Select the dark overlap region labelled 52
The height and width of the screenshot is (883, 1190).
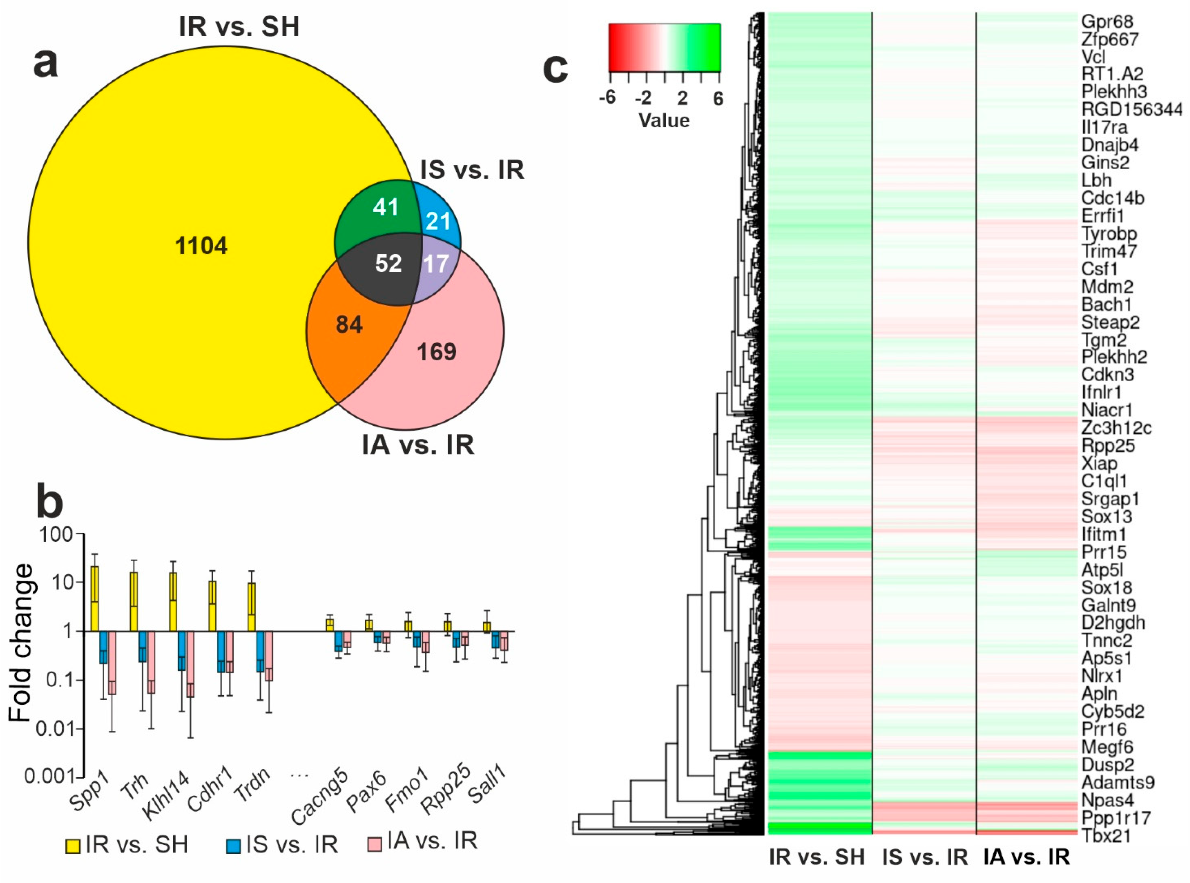(388, 263)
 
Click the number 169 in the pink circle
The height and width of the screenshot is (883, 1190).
(436, 352)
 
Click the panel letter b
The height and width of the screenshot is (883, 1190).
(49, 503)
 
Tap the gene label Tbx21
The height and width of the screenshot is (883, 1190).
(1106, 835)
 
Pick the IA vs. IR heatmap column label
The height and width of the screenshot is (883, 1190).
(1026, 857)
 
